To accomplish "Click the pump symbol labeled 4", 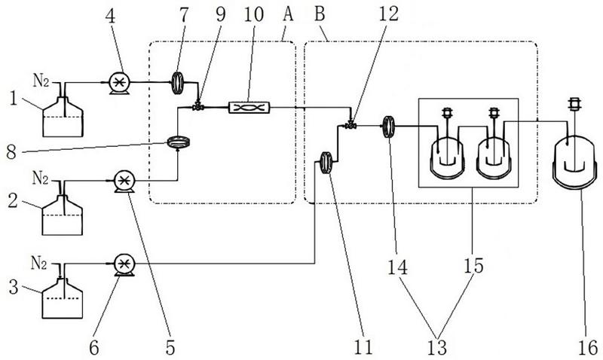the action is point(120,83).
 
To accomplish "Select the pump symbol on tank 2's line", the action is point(124,181).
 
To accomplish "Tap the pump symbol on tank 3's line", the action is point(124,264).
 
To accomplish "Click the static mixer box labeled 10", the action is point(249,107).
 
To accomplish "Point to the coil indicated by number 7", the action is point(177,83).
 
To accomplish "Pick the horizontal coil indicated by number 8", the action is point(179,143).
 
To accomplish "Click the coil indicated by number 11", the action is point(326,163).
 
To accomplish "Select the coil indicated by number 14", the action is point(389,126).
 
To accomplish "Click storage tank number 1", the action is point(63,117).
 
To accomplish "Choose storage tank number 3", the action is point(62,298).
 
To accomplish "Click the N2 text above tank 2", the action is point(41,178).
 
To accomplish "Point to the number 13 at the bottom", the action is point(437,347).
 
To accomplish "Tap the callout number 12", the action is point(388,14).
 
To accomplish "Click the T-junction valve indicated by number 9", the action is point(198,107).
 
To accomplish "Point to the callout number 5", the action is point(170,347).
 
